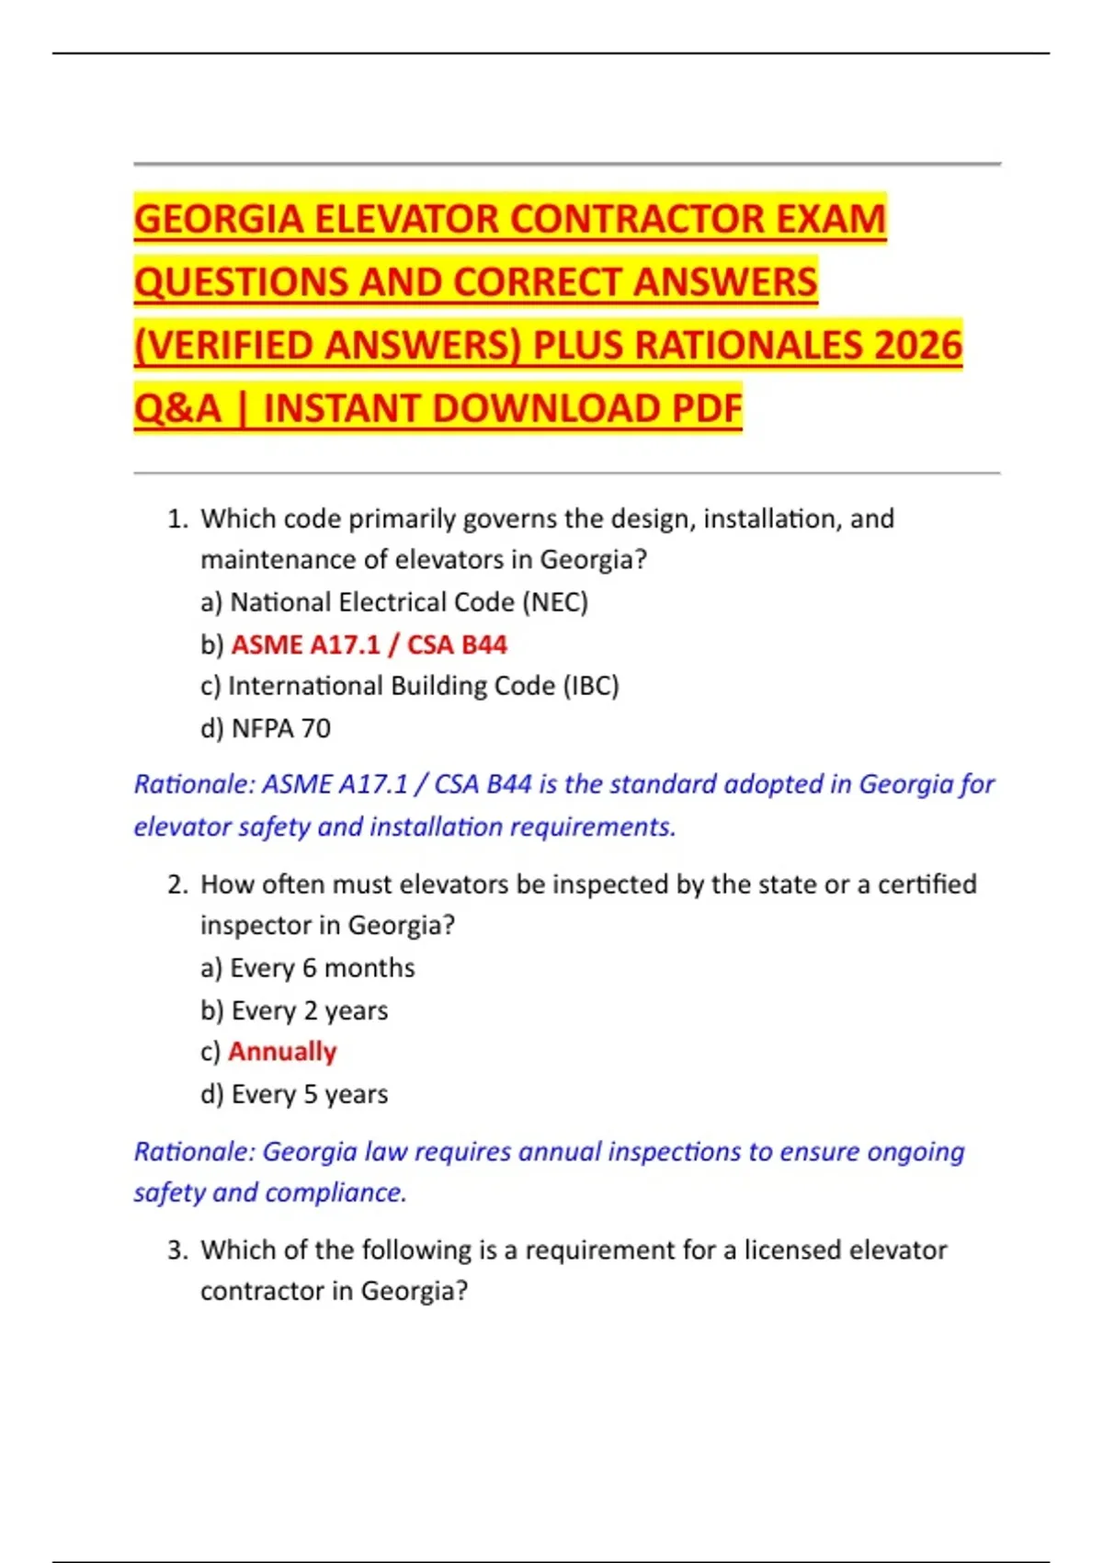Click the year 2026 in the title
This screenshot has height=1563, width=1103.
[x=917, y=346]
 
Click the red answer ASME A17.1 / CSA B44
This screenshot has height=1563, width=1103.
[x=369, y=645]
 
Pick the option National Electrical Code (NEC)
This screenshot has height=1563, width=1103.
[x=408, y=602]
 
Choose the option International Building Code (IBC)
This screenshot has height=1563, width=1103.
[x=423, y=686]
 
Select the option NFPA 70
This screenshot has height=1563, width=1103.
[x=280, y=728]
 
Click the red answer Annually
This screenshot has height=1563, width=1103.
[x=282, y=1051]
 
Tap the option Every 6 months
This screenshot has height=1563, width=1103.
[x=322, y=968]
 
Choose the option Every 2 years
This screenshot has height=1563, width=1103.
[x=309, y=1010]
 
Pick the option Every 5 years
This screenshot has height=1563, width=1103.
[x=309, y=1094]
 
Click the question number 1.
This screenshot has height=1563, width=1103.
[x=177, y=519]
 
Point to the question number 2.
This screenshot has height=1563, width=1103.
[x=177, y=884]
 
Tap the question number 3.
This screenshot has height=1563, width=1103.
[x=177, y=1250]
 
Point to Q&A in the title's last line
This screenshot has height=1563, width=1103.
[x=177, y=409]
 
